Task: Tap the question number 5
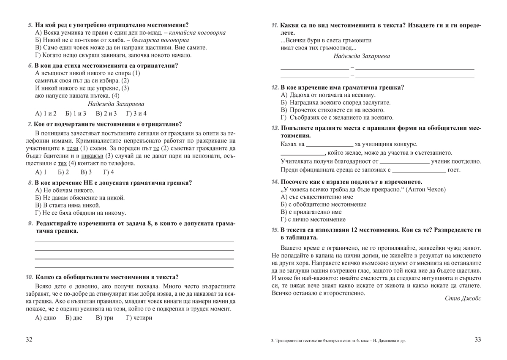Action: (x=30, y=25)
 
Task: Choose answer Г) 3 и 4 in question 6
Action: (x=136, y=113)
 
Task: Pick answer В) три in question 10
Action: (x=104, y=318)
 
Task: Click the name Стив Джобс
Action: (x=463, y=298)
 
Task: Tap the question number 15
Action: (x=275, y=230)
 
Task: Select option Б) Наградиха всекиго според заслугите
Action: (x=335, y=102)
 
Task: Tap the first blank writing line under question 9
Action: (x=134, y=241)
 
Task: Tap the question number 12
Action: (x=275, y=87)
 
